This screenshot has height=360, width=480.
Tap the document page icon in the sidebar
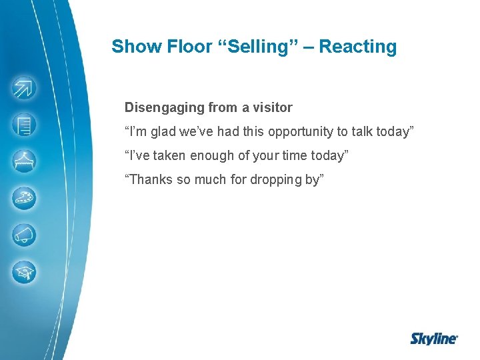pyautogui.click(x=24, y=125)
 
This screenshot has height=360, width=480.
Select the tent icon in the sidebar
pyautogui.click(x=24, y=161)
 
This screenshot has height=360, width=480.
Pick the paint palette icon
pyautogui.click(x=24, y=198)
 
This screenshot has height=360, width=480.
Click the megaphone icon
pyautogui.click(x=24, y=235)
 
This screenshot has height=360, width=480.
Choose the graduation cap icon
pyautogui.click(x=24, y=271)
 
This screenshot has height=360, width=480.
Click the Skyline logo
pyautogui.click(x=433, y=339)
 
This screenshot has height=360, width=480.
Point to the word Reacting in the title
pyautogui.click(x=358, y=47)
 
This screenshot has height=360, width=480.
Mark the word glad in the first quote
pyautogui.click(x=163, y=131)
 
